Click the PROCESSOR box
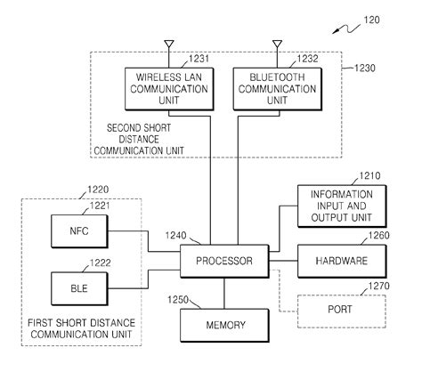(x=223, y=262)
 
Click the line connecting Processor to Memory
(x=223, y=293)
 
